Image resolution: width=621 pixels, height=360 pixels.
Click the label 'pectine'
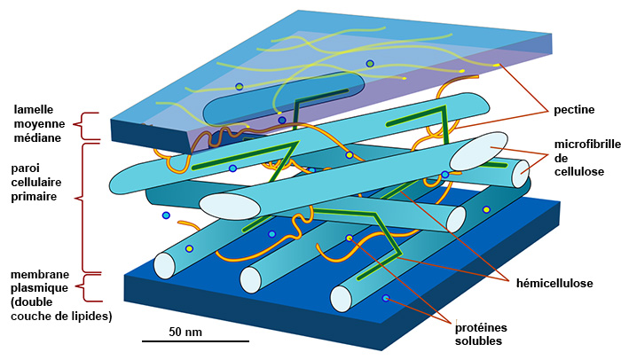574,110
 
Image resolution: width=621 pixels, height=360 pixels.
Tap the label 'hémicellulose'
554,283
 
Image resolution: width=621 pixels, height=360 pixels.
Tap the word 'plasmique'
37,288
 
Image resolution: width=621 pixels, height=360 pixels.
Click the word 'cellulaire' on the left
38,182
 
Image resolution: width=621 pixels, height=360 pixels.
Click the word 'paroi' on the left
24,168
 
